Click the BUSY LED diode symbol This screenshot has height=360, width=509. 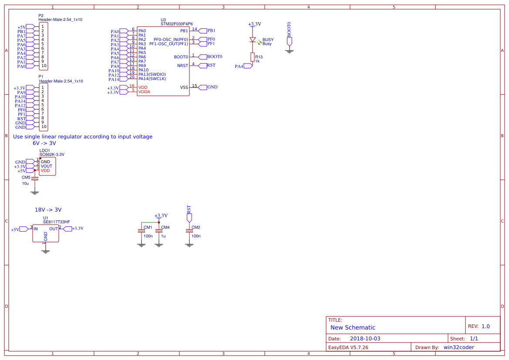coord(252,40)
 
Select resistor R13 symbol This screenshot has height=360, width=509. coord(252,57)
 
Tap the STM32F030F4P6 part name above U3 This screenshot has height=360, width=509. coord(176,24)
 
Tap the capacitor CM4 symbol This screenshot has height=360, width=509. coord(159,231)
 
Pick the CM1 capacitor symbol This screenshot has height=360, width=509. coord(141,231)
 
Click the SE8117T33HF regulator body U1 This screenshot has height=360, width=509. coord(46,233)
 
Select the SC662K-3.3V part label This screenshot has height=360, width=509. coord(52,155)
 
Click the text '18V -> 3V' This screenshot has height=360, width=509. coord(48,209)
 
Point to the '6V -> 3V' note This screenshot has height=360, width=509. coord(44,143)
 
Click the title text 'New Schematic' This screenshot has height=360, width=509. coord(353,327)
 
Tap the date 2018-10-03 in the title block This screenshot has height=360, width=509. coord(365,338)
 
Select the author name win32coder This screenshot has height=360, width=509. coord(459,347)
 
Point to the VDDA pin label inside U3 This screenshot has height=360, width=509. coord(144,92)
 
